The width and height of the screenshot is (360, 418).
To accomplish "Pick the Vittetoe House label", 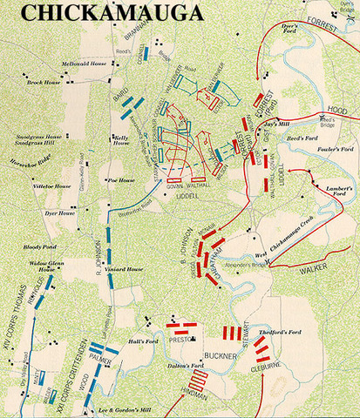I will point(51,185).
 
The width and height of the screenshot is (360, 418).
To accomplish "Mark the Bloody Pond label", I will point(41,247).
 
